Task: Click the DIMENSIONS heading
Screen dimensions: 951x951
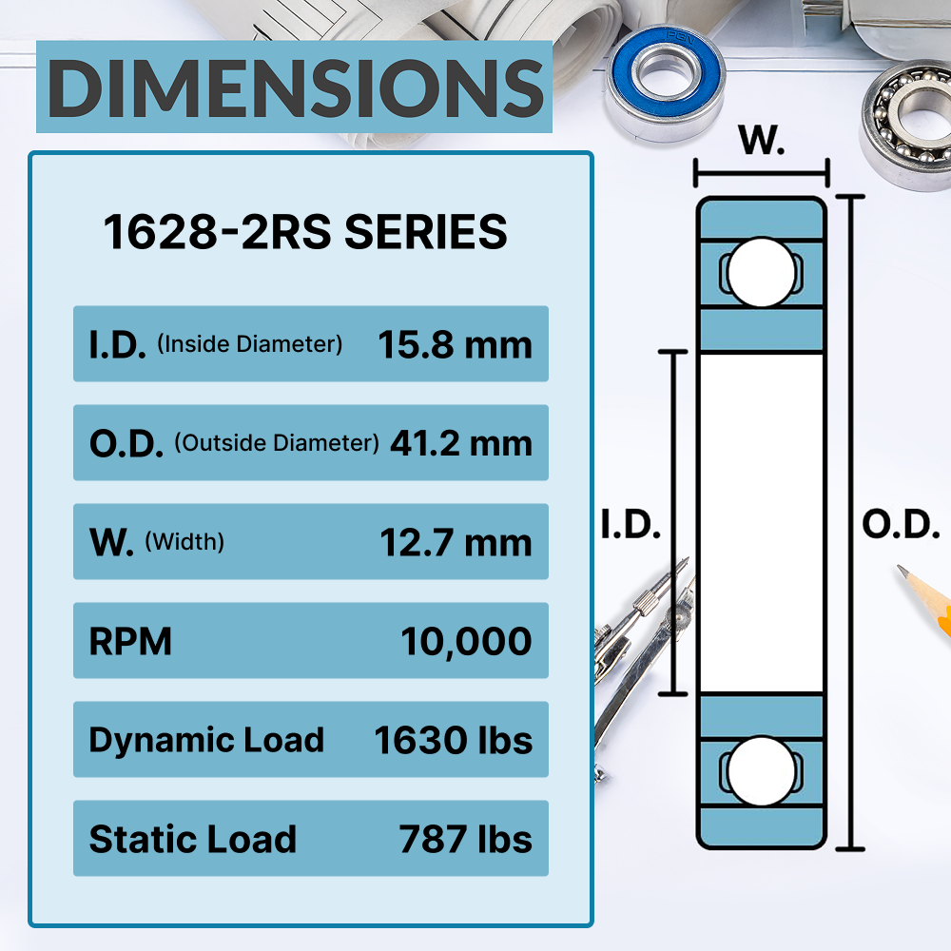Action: (294, 87)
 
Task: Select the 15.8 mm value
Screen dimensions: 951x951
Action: (455, 344)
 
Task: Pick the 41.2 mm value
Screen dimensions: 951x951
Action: (461, 443)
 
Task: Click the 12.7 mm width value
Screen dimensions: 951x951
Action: (456, 542)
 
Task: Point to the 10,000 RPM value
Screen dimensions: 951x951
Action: (466, 642)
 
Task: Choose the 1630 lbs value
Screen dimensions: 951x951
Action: (453, 740)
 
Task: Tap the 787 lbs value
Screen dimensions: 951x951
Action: (465, 839)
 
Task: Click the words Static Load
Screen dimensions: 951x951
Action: (192, 839)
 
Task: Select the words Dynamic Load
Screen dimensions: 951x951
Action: (206, 740)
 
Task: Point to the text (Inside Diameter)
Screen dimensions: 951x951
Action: (249, 344)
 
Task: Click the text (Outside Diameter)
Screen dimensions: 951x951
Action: (277, 443)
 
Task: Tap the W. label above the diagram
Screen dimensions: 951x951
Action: (762, 142)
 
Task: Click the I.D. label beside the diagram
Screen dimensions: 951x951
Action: (631, 525)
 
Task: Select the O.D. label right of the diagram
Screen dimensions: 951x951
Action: (901, 525)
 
